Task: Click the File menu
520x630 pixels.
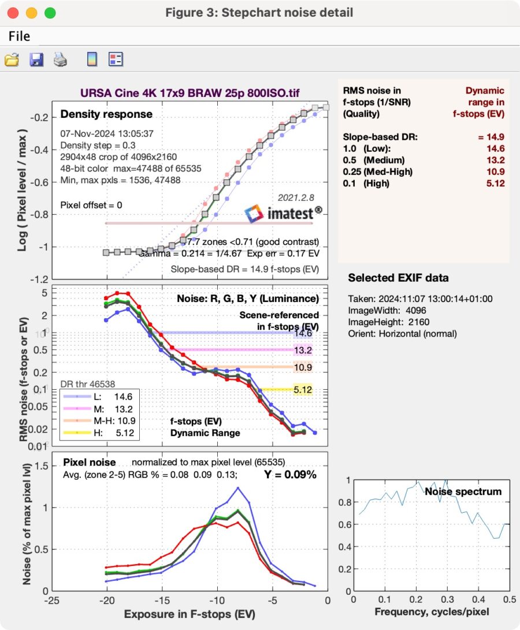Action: point(19,36)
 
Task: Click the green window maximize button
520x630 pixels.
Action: point(50,13)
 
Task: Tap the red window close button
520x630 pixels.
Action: point(13,13)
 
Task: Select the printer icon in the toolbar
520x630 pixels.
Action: point(61,59)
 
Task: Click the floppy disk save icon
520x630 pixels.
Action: point(36,59)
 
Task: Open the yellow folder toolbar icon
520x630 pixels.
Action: point(12,59)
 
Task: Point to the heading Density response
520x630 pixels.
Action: point(106,114)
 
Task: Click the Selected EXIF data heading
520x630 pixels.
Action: point(398,278)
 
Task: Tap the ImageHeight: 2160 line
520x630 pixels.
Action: point(388,322)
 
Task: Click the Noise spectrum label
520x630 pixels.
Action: point(463,491)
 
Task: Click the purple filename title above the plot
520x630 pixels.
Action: point(190,92)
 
